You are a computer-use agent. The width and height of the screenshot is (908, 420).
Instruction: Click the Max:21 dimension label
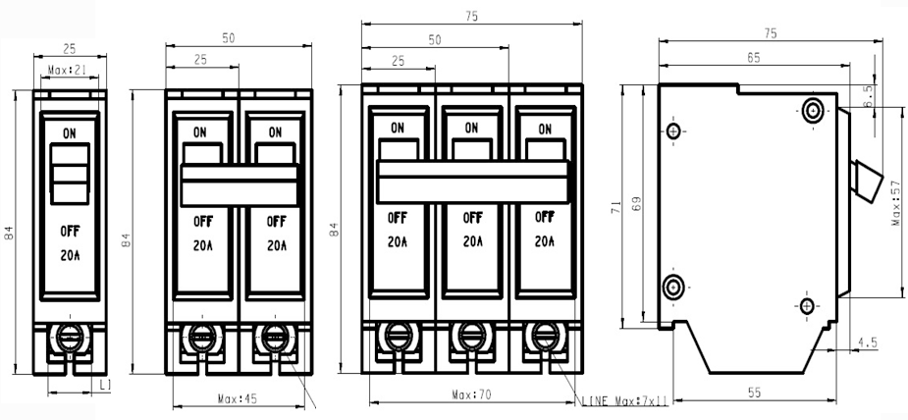[x=67, y=70]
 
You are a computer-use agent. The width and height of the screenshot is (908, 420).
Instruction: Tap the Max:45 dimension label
[x=237, y=398]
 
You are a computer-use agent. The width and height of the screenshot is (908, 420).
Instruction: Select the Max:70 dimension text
[x=471, y=395]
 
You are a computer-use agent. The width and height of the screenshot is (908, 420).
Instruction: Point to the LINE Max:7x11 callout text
[x=625, y=400]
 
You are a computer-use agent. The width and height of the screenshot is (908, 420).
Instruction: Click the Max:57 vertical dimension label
[x=896, y=202]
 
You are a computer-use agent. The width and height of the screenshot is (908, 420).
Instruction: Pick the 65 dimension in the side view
[x=753, y=58]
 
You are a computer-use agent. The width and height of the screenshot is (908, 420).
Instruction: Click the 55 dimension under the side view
[x=754, y=393]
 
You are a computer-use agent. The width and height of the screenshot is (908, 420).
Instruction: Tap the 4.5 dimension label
[x=868, y=342]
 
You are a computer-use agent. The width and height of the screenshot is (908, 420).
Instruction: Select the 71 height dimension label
[x=616, y=206]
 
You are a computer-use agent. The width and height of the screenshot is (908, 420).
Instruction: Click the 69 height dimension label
[x=636, y=205]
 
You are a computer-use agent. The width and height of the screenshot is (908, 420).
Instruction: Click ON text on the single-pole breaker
[x=70, y=133]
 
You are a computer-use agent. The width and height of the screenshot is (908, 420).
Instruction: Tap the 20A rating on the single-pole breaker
[x=70, y=255]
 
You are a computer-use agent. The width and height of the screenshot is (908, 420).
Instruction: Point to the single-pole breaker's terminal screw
[x=70, y=338]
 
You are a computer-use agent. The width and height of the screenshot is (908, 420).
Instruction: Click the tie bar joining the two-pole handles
[x=240, y=185]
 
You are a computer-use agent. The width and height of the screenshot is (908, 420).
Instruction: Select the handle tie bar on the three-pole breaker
[x=472, y=182]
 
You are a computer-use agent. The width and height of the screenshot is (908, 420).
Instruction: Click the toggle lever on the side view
[x=867, y=182]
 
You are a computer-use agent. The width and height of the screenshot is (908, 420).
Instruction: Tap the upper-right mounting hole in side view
[x=813, y=110]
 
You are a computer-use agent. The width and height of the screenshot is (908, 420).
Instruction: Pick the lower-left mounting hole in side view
[x=673, y=287]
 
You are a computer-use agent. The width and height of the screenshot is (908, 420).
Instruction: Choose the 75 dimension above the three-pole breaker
[x=471, y=17]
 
